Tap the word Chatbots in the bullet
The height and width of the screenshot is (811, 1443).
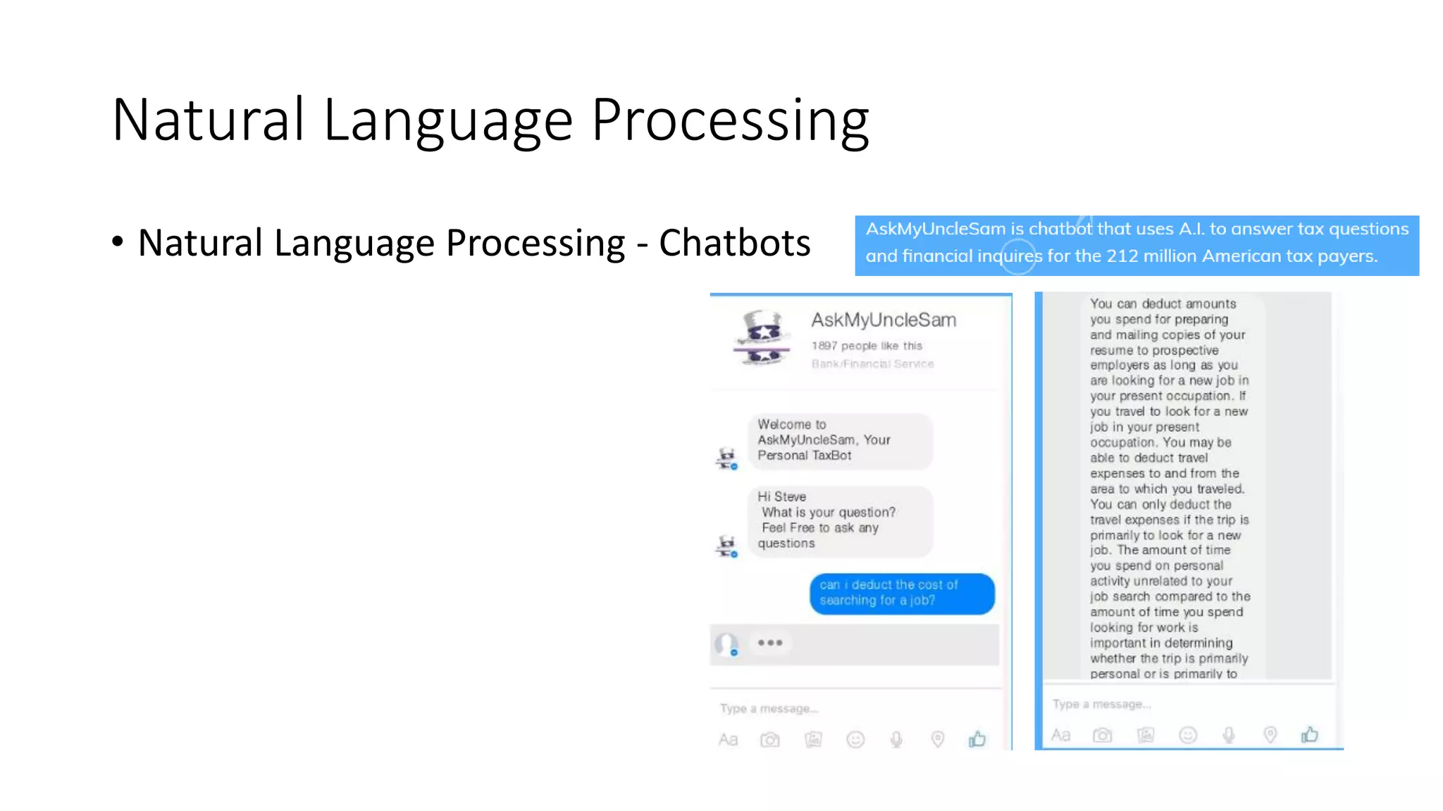coord(734,243)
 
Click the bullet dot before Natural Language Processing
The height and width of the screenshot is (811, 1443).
coord(118,241)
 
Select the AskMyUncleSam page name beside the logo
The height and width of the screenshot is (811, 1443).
coord(884,320)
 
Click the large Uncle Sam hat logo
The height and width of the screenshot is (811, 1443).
coord(762,338)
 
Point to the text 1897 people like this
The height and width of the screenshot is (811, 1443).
coord(867,346)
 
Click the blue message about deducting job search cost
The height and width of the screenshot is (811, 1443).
coord(901,593)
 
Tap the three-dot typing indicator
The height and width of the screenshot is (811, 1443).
coord(770,643)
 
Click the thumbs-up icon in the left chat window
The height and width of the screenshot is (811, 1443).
coord(977,738)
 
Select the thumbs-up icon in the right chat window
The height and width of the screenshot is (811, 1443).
coord(1310,734)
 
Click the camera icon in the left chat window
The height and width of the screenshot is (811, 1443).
coord(770,739)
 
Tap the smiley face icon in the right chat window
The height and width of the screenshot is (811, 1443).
coord(1188,735)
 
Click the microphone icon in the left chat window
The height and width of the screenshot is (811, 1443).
coord(896,739)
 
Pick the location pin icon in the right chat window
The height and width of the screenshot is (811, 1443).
coord(1270,735)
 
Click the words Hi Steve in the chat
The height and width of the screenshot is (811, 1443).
coord(781,497)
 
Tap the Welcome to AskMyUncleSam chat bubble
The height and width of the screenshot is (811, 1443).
coord(839,441)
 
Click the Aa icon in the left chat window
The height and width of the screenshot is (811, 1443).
coord(728,739)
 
